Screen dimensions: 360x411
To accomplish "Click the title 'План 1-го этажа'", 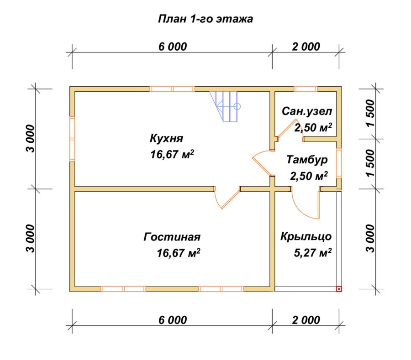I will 205,19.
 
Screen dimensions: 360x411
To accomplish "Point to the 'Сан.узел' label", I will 307,112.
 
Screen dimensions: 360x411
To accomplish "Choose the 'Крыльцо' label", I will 306,237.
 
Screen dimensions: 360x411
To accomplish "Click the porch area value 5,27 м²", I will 313,253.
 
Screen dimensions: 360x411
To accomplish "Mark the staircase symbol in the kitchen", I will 226,106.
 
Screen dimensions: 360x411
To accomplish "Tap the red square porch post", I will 339,288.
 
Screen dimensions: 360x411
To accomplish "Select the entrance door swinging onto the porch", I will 304,203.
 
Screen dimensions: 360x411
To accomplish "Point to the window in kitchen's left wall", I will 72,138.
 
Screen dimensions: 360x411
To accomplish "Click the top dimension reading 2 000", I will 305,47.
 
